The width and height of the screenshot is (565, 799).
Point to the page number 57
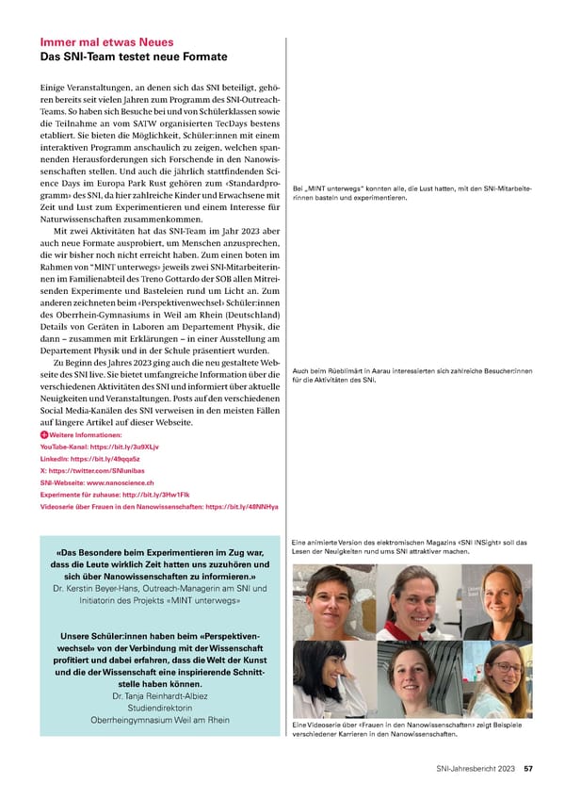[x=530, y=769]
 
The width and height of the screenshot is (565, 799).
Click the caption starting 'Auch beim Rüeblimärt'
[x=412, y=375]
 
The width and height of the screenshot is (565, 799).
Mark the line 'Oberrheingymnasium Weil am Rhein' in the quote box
[x=158, y=722]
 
